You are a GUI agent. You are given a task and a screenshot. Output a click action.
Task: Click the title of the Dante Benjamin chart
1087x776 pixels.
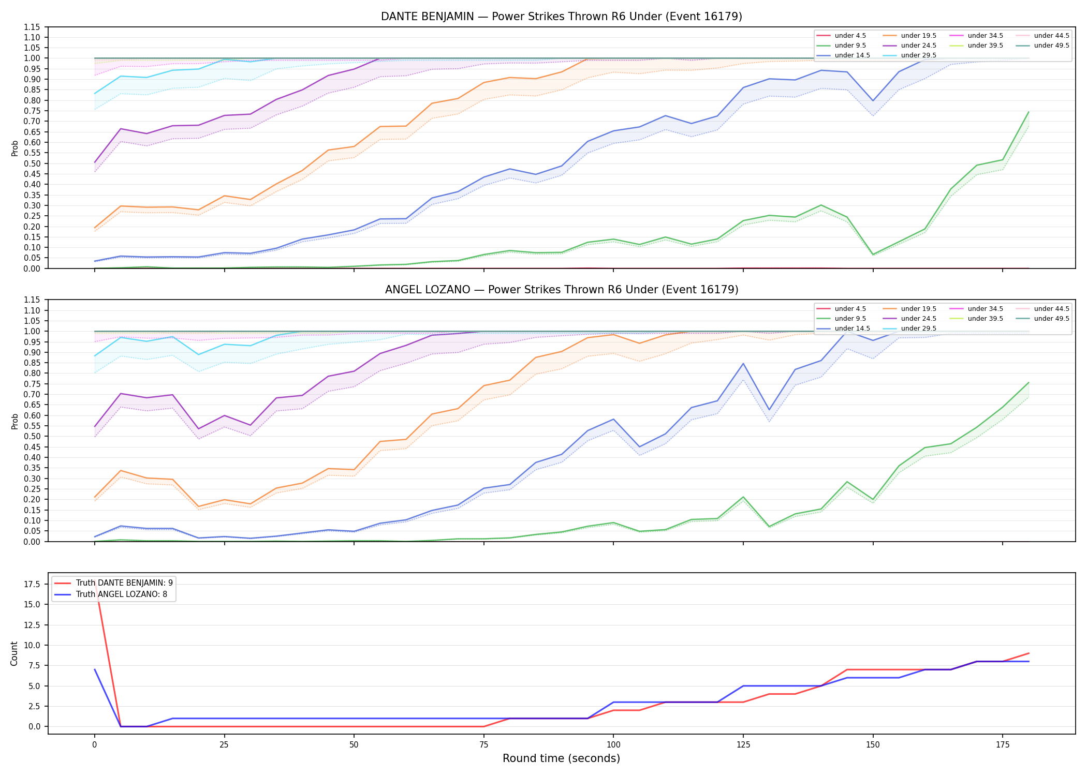pos(562,17)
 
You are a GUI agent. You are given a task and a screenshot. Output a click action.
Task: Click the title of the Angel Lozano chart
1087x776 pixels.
pos(562,290)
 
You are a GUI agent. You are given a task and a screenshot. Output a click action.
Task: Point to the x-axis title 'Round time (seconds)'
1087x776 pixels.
pos(561,758)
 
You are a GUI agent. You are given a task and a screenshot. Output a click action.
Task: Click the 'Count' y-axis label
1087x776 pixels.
pos(14,653)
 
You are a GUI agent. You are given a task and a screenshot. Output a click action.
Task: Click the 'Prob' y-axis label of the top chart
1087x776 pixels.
pos(15,148)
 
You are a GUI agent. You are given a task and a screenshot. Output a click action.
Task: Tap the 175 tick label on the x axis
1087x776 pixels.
pos(1003,745)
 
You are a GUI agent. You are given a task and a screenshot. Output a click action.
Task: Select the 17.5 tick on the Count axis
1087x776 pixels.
pos(34,585)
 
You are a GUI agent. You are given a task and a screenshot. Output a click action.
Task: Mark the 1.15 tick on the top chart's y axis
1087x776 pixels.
pos(32,27)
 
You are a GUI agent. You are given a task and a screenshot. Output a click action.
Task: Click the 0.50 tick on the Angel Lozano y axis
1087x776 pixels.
pos(32,436)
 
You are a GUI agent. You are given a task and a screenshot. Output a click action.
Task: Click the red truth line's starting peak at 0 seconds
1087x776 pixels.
pos(95,585)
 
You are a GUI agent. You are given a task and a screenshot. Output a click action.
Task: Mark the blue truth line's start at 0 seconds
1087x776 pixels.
pos(95,669)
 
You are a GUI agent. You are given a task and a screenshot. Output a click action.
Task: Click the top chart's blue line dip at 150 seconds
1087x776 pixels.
pos(873,101)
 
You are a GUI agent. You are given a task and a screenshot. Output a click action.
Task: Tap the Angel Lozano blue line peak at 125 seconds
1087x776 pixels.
pos(743,363)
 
